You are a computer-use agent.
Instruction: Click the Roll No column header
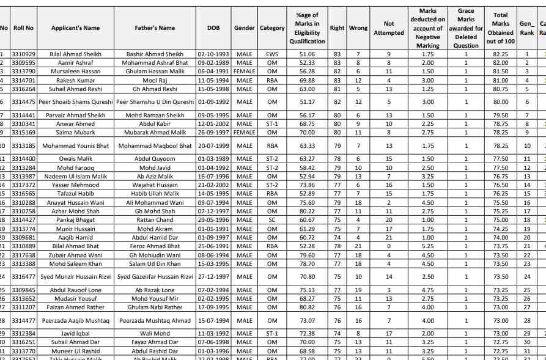click(x=23, y=28)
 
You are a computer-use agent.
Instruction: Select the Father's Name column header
click(x=155, y=28)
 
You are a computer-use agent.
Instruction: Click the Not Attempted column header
click(x=389, y=28)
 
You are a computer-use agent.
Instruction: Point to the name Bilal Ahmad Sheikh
click(x=76, y=54)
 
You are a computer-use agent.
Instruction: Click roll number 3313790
click(x=23, y=72)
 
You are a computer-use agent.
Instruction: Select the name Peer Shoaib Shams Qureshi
click(x=76, y=101)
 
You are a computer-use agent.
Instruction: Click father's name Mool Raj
click(x=155, y=80)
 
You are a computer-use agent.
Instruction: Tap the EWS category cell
click(x=272, y=54)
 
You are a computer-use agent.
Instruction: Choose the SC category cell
click(x=272, y=219)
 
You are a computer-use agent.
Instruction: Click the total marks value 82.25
click(x=501, y=54)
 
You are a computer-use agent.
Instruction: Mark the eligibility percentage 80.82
click(x=307, y=307)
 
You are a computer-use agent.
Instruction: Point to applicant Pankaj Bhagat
click(x=76, y=219)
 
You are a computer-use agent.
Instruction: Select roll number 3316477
click(x=23, y=277)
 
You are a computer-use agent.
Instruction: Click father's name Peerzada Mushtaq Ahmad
click(x=155, y=320)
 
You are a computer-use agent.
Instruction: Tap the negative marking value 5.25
click(x=428, y=246)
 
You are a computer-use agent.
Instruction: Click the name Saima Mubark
click(x=76, y=132)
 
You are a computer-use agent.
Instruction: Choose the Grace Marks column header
click(x=466, y=28)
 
